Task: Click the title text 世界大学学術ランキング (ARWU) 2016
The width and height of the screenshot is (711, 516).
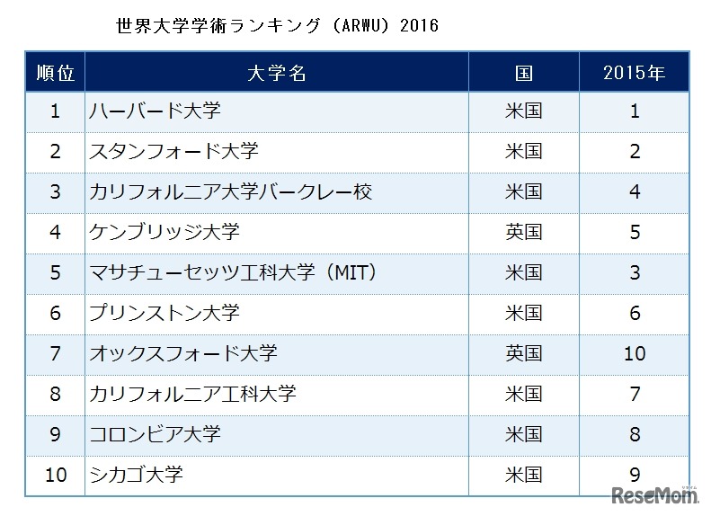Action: (x=277, y=25)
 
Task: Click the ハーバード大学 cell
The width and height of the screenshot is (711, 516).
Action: (x=155, y=111)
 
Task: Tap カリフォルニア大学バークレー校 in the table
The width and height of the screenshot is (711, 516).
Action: (x=230, y=192)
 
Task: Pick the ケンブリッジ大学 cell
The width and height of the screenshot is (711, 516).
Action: (x=164, y=233)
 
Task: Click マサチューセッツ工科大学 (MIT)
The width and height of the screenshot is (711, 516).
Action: (x=231, y=272)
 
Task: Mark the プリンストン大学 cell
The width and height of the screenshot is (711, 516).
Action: (x=164, y=313)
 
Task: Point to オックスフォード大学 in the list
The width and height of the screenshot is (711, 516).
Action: (x=182, y=353)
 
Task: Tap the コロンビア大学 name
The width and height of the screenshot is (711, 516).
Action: (x=155, y=434)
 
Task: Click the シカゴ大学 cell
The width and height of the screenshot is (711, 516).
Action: (x=136, y=475)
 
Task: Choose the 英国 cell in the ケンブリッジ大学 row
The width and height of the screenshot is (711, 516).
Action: (x=523, y=233)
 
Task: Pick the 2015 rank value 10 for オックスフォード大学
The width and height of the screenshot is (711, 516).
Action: (x=635, y=353)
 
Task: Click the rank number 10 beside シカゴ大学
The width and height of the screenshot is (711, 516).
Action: (x=55, y=475)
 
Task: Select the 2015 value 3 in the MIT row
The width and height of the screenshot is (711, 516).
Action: (x=635, y=272)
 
